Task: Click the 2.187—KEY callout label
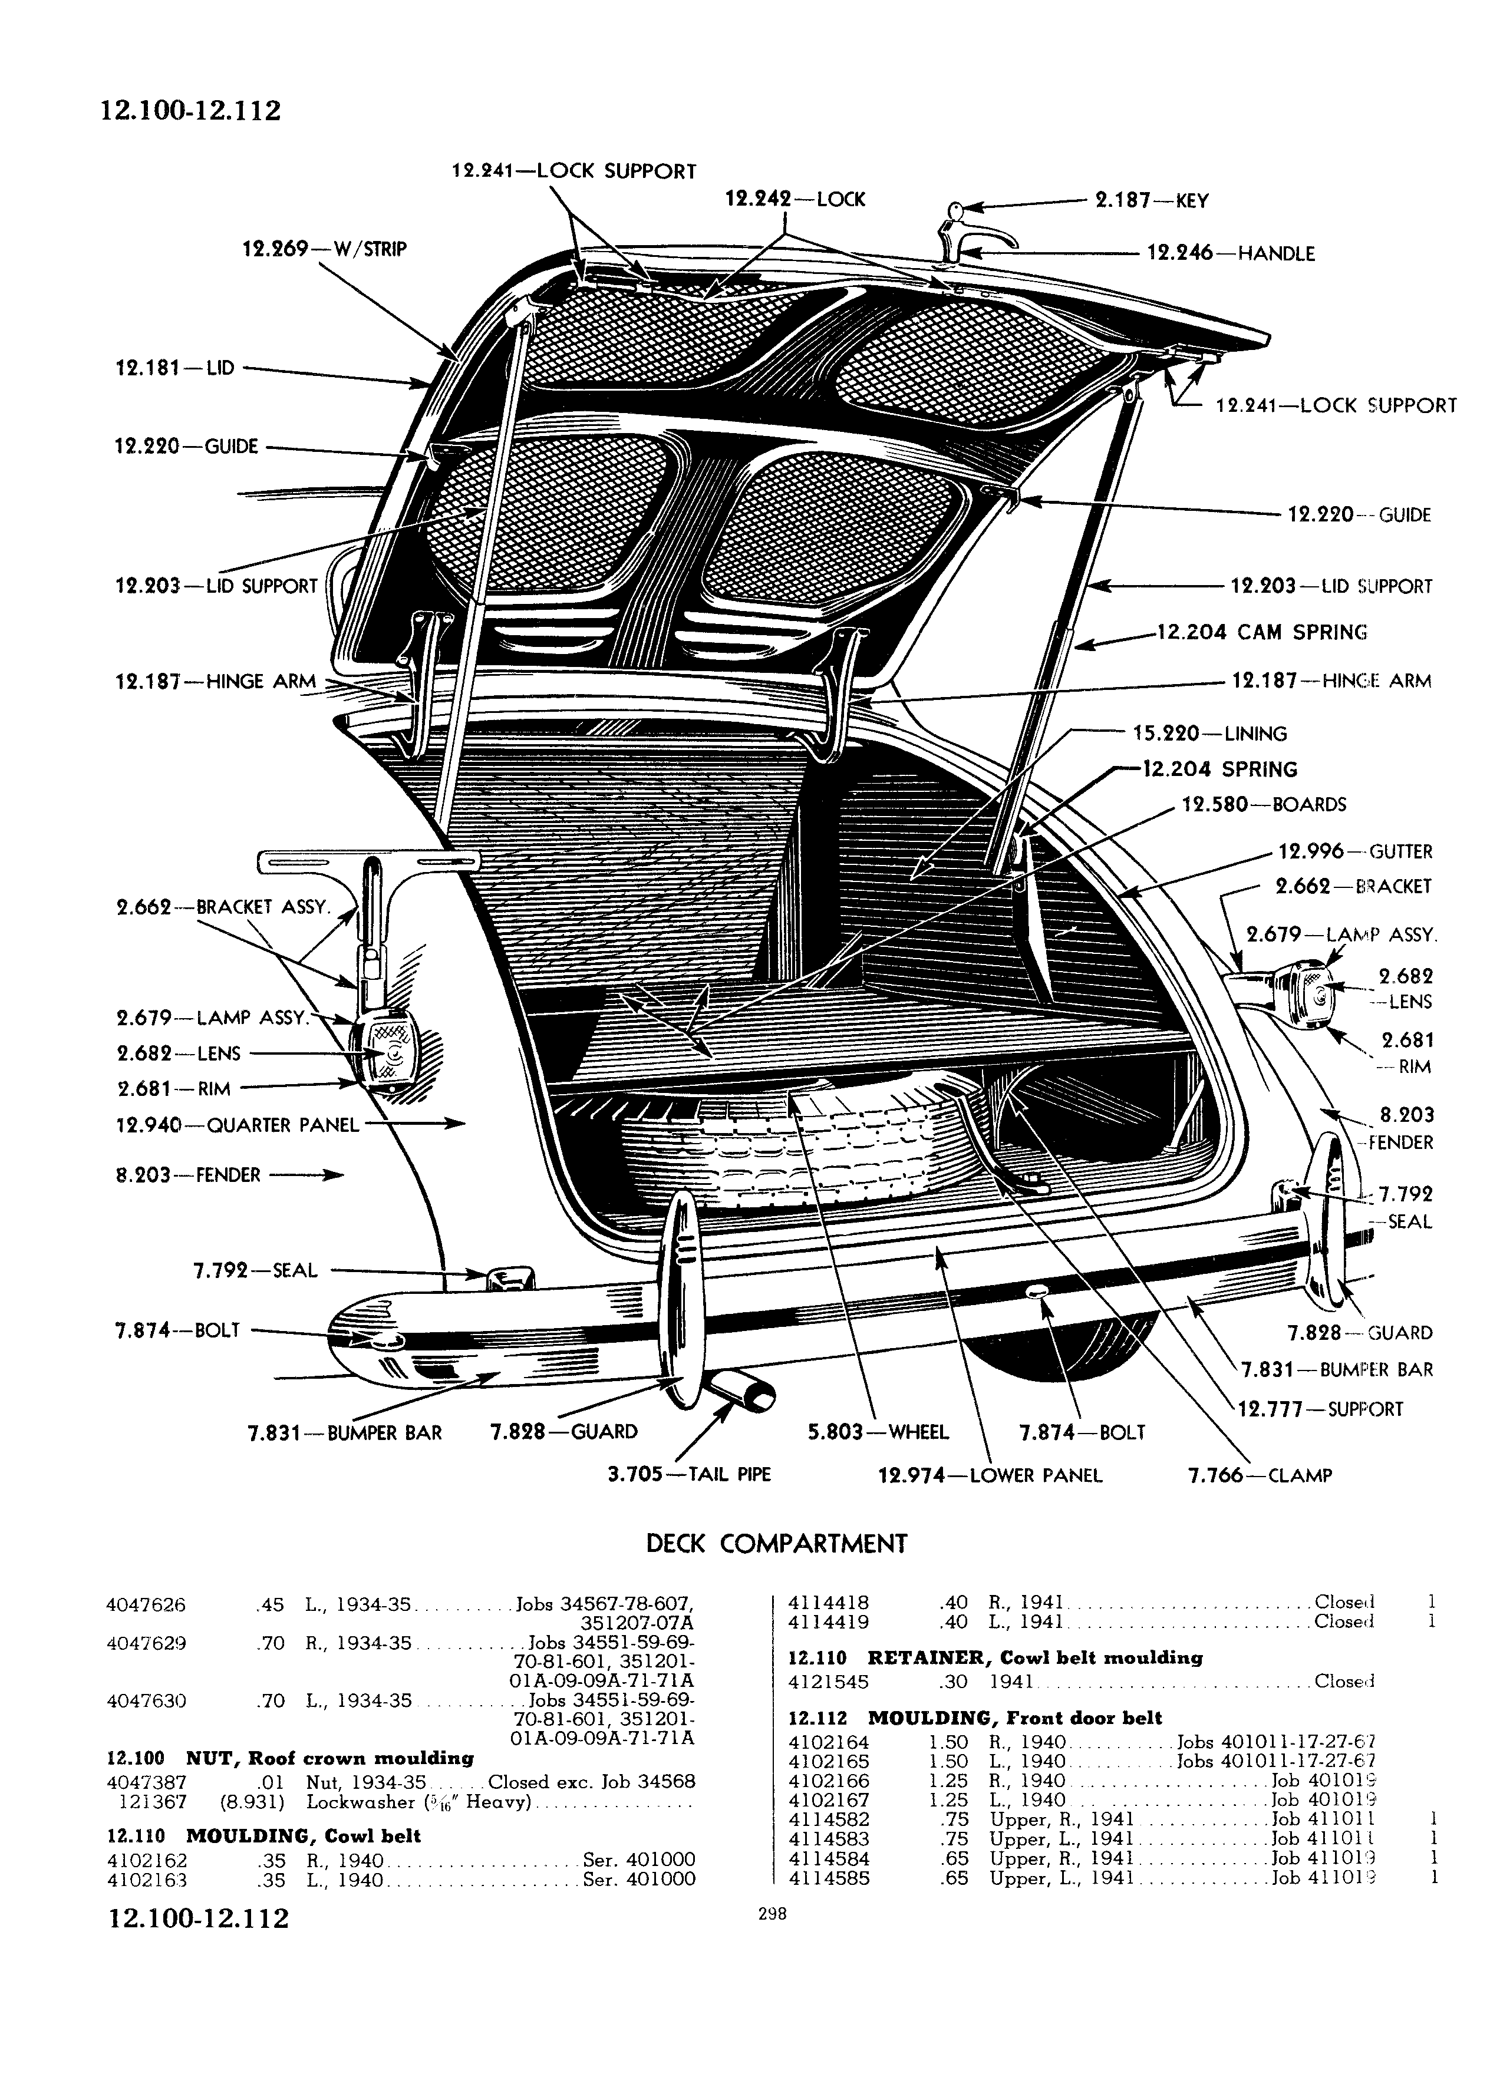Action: point(1152,200)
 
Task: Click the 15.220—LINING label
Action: point(1209,734)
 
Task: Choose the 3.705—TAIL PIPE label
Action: point(689,1474)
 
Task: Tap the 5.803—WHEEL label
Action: point(878,1431)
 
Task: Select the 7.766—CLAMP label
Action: point(1260,1474)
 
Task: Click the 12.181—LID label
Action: point(174,368)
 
